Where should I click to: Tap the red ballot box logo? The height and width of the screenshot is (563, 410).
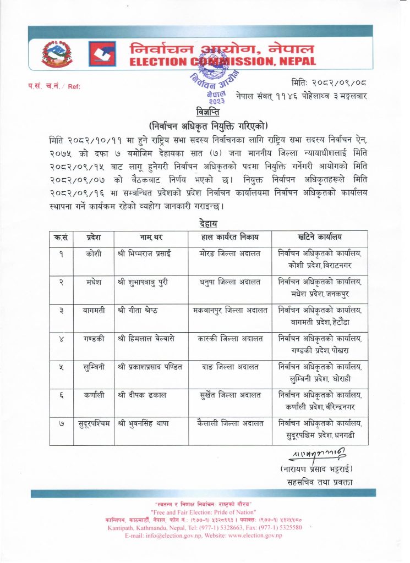pyautogui.click(x=102, y=54)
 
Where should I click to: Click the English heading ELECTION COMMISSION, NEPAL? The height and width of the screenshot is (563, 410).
pyautogui.click(x=222, y=62)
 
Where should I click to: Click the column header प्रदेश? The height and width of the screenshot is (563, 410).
pyautogui.click(x=93, y=238)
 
